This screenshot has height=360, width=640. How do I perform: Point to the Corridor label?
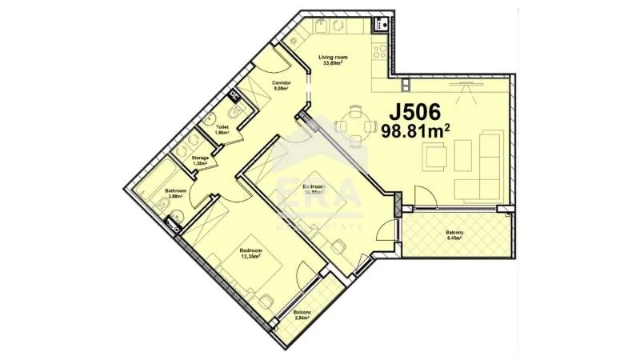point(281,83)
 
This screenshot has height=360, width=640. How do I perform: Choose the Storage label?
point(200,158)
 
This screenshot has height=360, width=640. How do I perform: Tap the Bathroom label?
point(176,190)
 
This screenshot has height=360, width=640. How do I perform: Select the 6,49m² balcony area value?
point(454,238)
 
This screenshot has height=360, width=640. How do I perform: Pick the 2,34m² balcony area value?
point(302,318)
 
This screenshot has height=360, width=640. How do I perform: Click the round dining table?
point(354,126)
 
